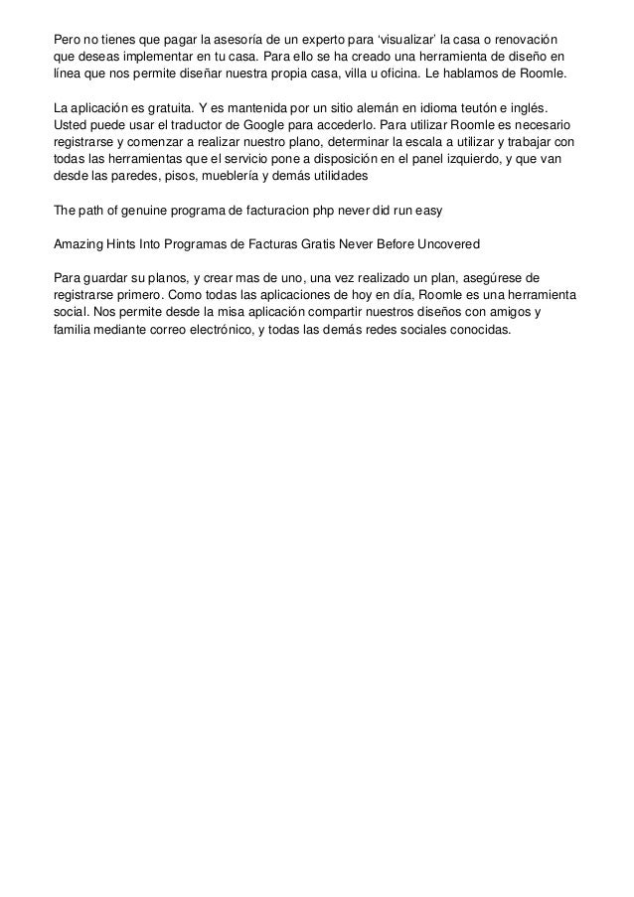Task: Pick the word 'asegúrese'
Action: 509,276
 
